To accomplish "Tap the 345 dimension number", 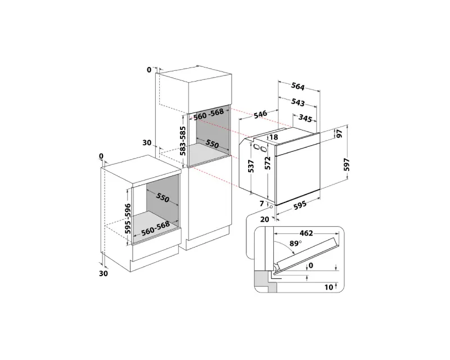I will pos(305,118).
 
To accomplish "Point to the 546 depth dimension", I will pos(259,115).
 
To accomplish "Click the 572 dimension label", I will pos(268,164).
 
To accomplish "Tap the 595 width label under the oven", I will pos(299,206).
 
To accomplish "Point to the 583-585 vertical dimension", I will pos(183,140).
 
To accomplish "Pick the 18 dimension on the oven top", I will pos(274,137).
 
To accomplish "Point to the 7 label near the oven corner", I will pos(262,202).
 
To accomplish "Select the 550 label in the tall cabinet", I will pos(211,143).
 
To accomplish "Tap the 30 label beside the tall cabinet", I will pos(147,143).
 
